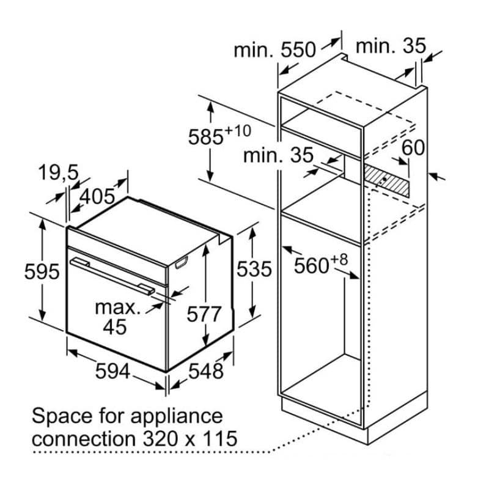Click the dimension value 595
pyautogui.click(x=42, y=271)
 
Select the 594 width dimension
pyautogui.click(x=113, y=370)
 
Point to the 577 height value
pyautogui.click(x=204, y=314)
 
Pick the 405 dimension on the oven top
pyautogui.click(x=98, y=196)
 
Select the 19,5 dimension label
pyautogui.click(x=59, y=173)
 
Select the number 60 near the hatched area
pyautogui.click(x=413, y=148)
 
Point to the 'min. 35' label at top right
pyautogui.click(x=390, y=46)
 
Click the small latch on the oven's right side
pyautogui.click(x=180, y=264)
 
